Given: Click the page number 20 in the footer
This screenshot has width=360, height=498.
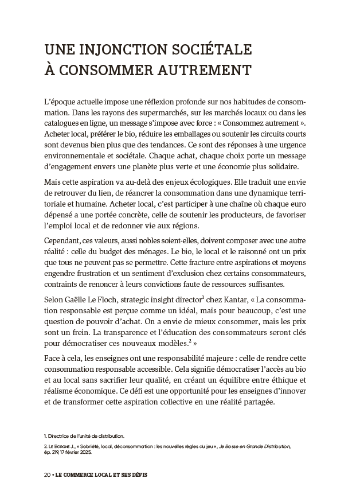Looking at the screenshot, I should (x=46, y=476).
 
